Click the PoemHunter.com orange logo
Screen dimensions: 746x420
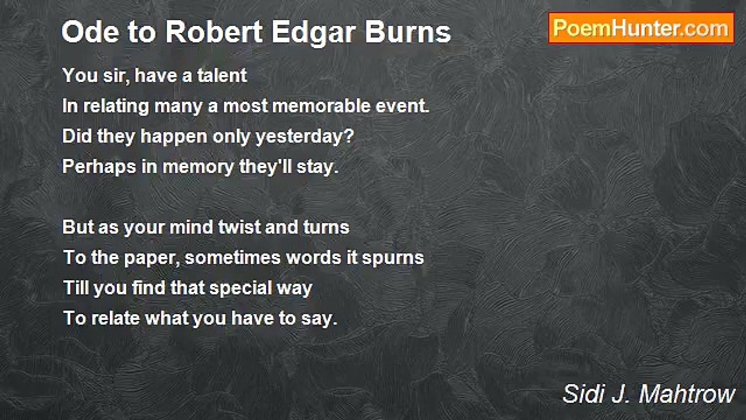pyautogui.click(x=641, y=29)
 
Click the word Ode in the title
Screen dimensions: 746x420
pyautogui.click(x=90, y=32)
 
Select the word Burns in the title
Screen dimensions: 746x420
pyautogui.click(x=408, y=32)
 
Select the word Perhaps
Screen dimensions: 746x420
pyautogui.click(x=99, y=167)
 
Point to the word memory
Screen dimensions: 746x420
pyautogui.click(x=198, y=168)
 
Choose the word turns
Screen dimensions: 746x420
pyautogui.click(x=326, y=227)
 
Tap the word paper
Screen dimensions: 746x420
pyautogui.click(x=152, y=259)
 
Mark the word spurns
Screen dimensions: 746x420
pyautogui.click(x=393, y=259)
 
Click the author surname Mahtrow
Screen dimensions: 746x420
pyautogui.click(x=687, y=394)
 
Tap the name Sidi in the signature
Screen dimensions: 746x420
pyautogui.click(x=583, y=394)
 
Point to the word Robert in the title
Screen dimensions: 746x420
pyautogui.click(x=214, y=32)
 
